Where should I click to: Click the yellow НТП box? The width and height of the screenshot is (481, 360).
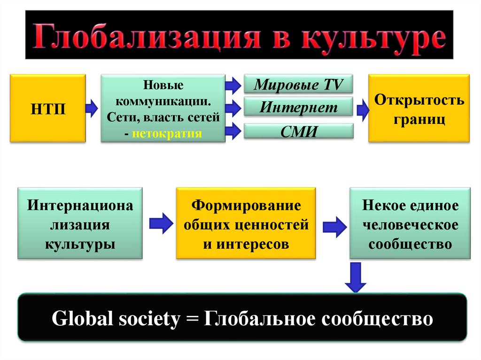(47, 108)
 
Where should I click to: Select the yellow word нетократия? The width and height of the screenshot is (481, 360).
(167, 133)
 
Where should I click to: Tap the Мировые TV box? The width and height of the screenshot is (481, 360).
(298, 85)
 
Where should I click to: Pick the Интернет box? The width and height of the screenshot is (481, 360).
(298, 108)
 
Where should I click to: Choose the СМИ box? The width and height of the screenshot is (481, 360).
(298, 131)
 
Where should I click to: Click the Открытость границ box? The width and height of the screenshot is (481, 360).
(419, 108)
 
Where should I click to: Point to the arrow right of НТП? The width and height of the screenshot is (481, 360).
(92, 108)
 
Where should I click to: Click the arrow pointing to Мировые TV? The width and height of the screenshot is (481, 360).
(233, 85)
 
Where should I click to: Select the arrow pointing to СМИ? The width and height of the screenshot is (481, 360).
(233, 131)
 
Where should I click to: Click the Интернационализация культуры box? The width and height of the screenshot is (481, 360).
(80, 223)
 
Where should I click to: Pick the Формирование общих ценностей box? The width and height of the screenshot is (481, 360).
(246, 223)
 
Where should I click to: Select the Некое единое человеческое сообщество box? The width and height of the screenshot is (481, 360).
(410, 223)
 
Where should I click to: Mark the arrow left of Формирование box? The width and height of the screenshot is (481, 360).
(161, 223)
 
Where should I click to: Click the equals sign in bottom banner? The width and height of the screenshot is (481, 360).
(192, 319)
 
